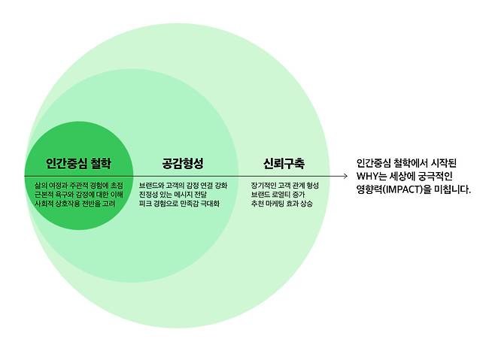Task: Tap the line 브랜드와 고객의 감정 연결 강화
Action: pyautogui.click(x=183, y=184)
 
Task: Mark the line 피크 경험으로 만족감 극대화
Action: pyautogui.click(x=179, y=204)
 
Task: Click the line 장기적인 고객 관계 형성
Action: pyautogui.click(x=284, y=184)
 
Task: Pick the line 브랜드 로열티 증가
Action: pyautogui.click(x=275, y=194)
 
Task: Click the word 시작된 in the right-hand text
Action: pyautogui.click(x=451, y=162)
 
